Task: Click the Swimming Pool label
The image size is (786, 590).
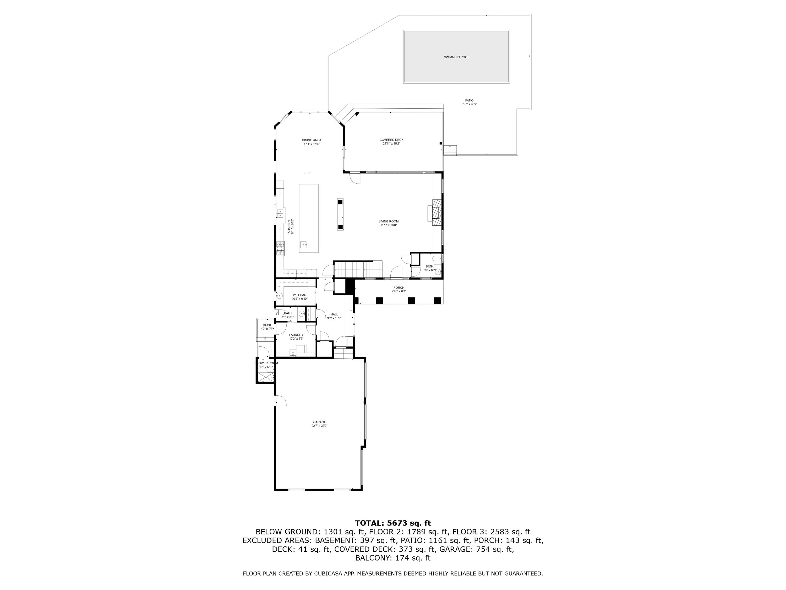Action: pos(456,57)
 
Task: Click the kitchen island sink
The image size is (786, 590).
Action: pos(303,245)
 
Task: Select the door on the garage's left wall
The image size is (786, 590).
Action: pos(280,400)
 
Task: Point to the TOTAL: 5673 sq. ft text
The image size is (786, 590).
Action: pos(393,523)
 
